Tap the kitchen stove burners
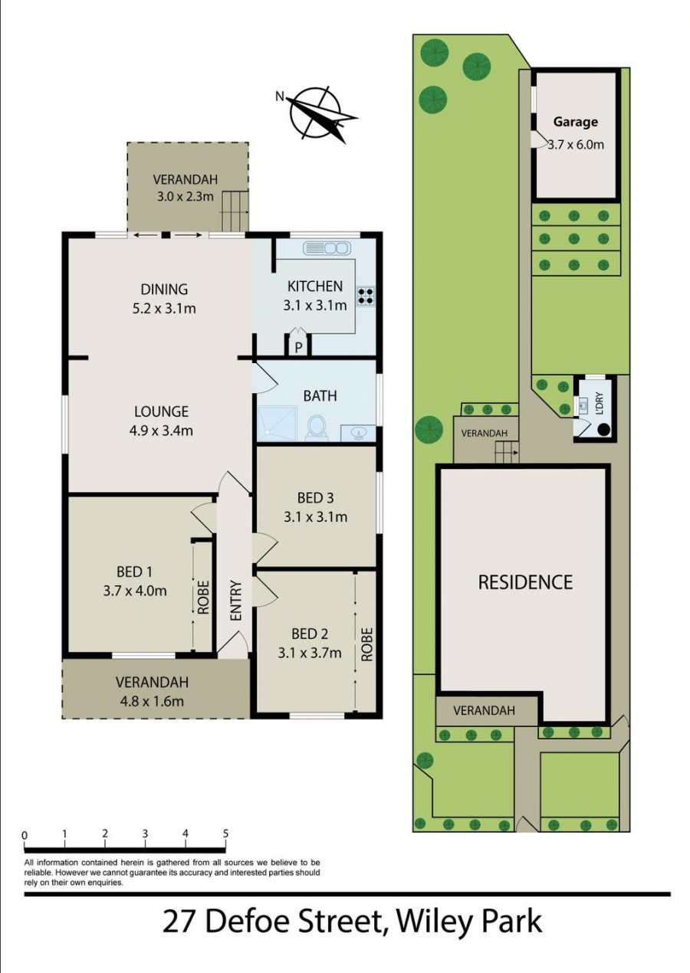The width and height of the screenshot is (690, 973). tap(365, 296)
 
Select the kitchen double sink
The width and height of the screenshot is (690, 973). tap(327, 248)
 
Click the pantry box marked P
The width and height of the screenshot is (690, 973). tap(298, 347)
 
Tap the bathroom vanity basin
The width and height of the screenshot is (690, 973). tap(357, 434)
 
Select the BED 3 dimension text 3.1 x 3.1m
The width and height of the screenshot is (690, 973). tap(315, 517)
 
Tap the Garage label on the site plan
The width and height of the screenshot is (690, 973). tap(575, 121)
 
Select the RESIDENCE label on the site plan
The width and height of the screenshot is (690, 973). tap(525, 582)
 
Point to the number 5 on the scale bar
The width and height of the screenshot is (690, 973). tap(225, 834)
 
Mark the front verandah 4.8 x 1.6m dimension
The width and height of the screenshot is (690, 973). tap(151, 700)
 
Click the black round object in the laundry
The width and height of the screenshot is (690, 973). tap(604, 430)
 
